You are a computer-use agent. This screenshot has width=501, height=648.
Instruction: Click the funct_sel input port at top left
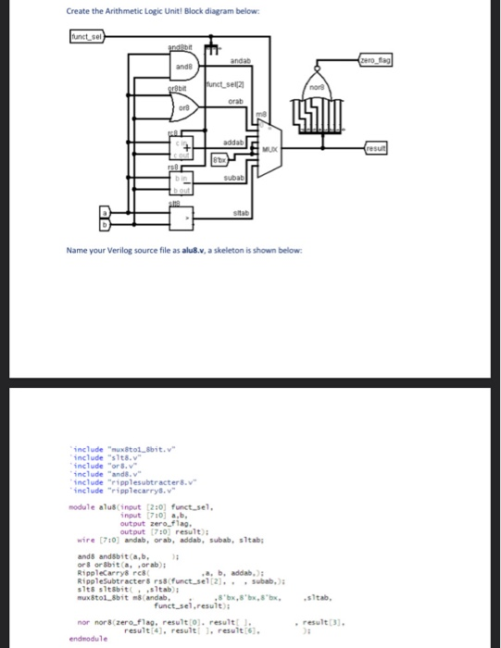coord(89,37)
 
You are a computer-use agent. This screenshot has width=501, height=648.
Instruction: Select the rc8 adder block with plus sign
coord(185,147)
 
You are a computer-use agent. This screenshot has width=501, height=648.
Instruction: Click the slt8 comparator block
coord(186,218)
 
